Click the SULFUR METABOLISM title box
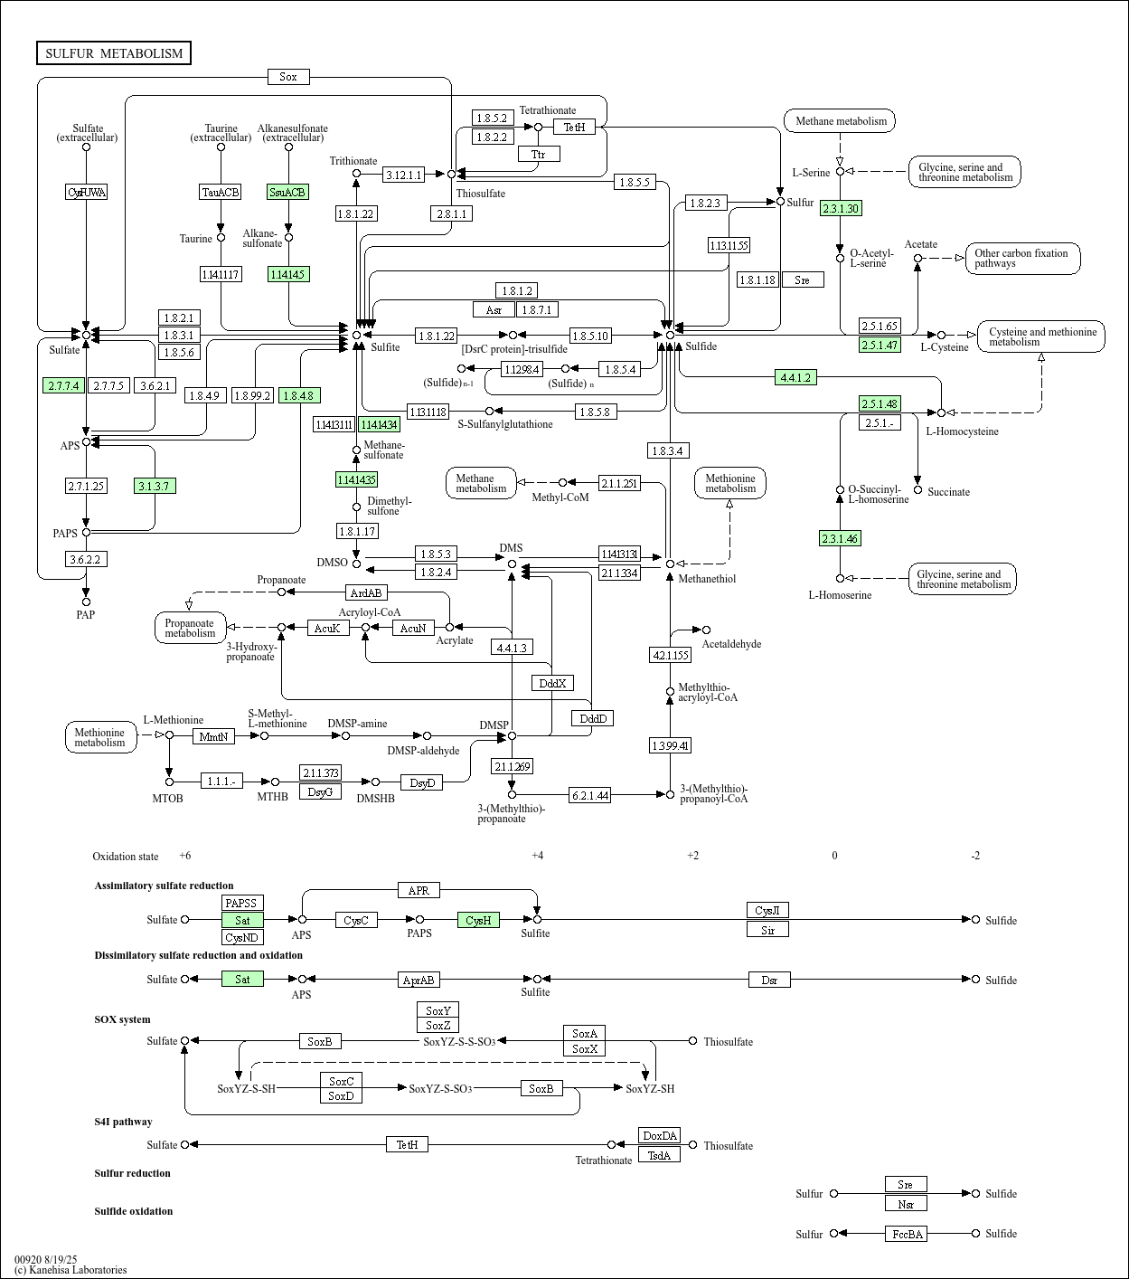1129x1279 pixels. pyautogui.click(x=114, y=53)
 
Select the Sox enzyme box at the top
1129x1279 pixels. pyautogui.click(x=288, y=77)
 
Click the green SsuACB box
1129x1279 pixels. pyautogui.click(x=288, y=192)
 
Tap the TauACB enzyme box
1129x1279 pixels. pyautogui.click(x=221, y=192)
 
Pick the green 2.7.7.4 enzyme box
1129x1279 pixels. pyautogui.click(x=63, y=385)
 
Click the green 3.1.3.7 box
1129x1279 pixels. pyautogui.click(x=155, y=486)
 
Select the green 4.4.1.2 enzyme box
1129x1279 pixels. pyautogui.click(x=795, y=377)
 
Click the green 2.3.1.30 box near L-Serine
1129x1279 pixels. pyautogui.click(x=840, y=208)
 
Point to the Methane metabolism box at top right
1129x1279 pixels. pyautogui.click(x=840, y=120)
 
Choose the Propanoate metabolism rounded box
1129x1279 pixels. pyautogui.click(x=190, y=628)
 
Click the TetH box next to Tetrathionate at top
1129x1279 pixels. pyautogui.click(x=574, y=128)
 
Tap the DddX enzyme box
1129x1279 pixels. pyautogui.click(x=552, y=683)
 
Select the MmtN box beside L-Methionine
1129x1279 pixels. pyautogui.click(x=213, y=736)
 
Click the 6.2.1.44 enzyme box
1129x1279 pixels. pyautogui.click(x=589, y=795)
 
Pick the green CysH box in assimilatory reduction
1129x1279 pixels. pyautogui.click(x=478, y=920)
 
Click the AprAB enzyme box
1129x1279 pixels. pyautogui.click(x=419, y=980)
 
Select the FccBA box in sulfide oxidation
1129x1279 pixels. pyautogui.click(x=906, y=1234)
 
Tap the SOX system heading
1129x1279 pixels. pyautogui.click(x=122, y=1019)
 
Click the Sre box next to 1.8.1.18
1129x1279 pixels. pyautogui.click(x=803, y=279)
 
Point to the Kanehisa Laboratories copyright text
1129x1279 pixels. pyautogui.click(x=71, y=1270)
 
